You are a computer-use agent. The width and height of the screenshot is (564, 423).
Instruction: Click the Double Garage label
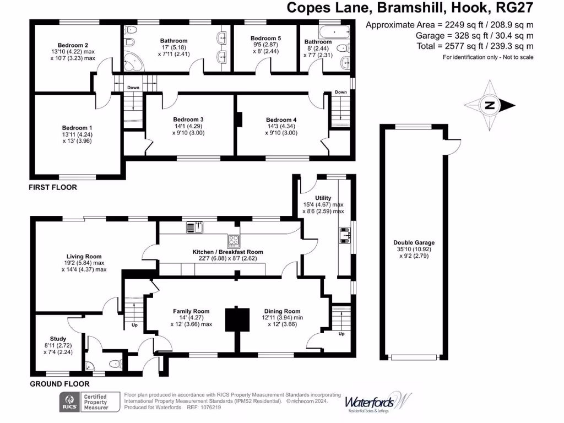tap(414, 242)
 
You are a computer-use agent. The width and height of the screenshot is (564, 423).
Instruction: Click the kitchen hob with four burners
tap(234, 241)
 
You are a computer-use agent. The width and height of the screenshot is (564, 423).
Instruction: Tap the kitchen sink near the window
tap(194, 225)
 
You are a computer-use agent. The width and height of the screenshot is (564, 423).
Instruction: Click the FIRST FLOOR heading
tap(53, 188)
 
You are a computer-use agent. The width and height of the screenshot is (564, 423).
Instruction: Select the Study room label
tap(58, 339)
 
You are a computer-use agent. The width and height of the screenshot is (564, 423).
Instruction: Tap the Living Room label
tap(84, 256)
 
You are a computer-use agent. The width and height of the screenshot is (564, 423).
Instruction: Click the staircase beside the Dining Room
tap(341, 318)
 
